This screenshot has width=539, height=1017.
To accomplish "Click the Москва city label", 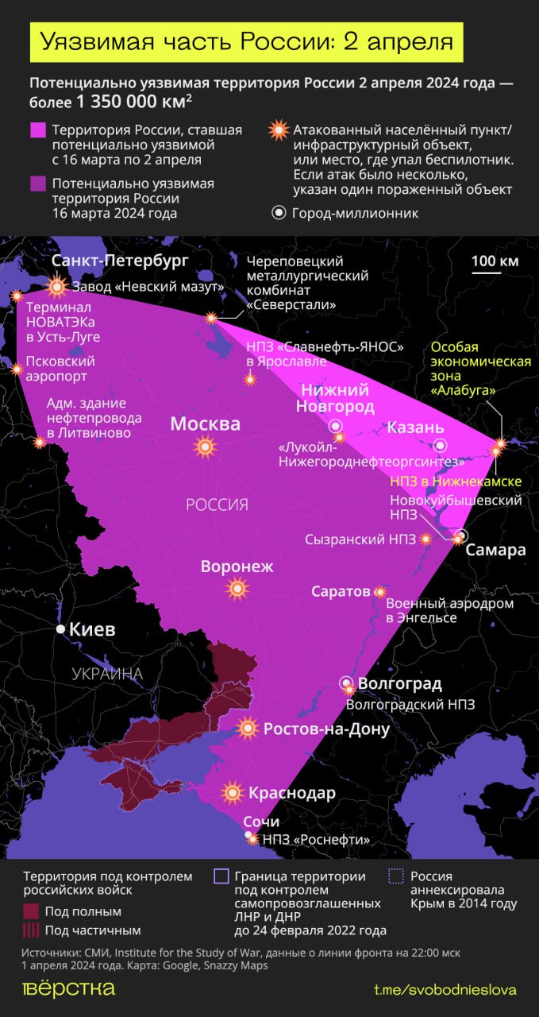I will coord(205,424).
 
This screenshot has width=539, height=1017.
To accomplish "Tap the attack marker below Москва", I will coord(206,448).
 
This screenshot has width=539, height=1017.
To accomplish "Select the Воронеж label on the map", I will coord(237,567).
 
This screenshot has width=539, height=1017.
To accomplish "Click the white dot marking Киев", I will coord(60,629).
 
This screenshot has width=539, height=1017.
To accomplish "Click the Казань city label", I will coord(415,427).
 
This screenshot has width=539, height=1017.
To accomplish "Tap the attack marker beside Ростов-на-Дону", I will coord(248,728).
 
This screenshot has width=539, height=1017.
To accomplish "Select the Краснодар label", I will coord(291,793).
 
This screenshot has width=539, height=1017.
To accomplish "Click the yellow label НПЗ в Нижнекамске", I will coord(456,482).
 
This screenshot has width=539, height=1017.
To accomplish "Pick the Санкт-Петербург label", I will coord(120,261).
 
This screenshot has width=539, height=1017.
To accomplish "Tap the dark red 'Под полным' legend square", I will coord(31,911).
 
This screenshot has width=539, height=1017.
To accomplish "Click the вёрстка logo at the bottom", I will coord(68,988).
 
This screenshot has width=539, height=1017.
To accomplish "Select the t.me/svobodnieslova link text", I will coord(445,989).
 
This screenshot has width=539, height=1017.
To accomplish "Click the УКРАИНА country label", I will coord(107,675).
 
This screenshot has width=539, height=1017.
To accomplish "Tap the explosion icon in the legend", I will coord(278,130).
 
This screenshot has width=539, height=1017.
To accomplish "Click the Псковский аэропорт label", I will coord(61,369).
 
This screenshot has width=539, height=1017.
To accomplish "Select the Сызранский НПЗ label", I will coord(360,539).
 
